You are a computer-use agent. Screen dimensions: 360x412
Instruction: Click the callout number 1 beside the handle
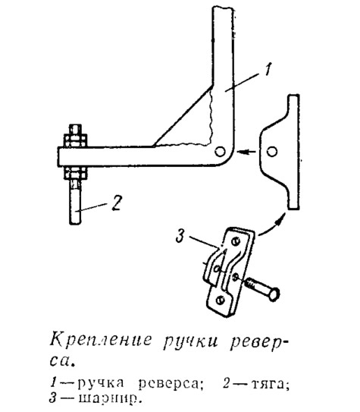[x=268, y=69]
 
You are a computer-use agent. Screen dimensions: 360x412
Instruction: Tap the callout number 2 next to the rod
[x=117, y=203]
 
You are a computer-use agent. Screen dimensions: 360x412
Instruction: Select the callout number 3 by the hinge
[x=181, y=236]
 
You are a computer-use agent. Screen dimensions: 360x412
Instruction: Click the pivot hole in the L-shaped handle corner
[x=220, y=151]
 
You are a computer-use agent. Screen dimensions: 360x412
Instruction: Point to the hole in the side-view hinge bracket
[x=272, y=152]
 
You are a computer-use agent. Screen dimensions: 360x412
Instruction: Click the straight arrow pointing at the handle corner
[x=246, y=152]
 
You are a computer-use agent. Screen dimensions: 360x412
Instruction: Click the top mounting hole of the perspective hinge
[x=236, y=241]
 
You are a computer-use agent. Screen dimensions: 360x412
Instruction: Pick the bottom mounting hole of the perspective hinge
[x=221, y=300]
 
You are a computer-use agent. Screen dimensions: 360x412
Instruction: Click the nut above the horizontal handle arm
[x=75, y=140]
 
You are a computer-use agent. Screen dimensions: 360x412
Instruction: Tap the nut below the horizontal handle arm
[x=75, y=173]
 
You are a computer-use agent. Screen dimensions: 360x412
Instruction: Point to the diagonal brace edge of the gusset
[x=183, y=115]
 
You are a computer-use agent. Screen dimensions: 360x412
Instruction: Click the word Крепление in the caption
[x=101, y=341]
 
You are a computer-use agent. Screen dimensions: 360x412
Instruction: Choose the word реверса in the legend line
[x=168, y=384]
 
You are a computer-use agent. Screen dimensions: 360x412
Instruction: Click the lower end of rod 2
[x=75, y=223]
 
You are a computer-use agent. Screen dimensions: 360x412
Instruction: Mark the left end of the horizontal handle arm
[x=58, y=156]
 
